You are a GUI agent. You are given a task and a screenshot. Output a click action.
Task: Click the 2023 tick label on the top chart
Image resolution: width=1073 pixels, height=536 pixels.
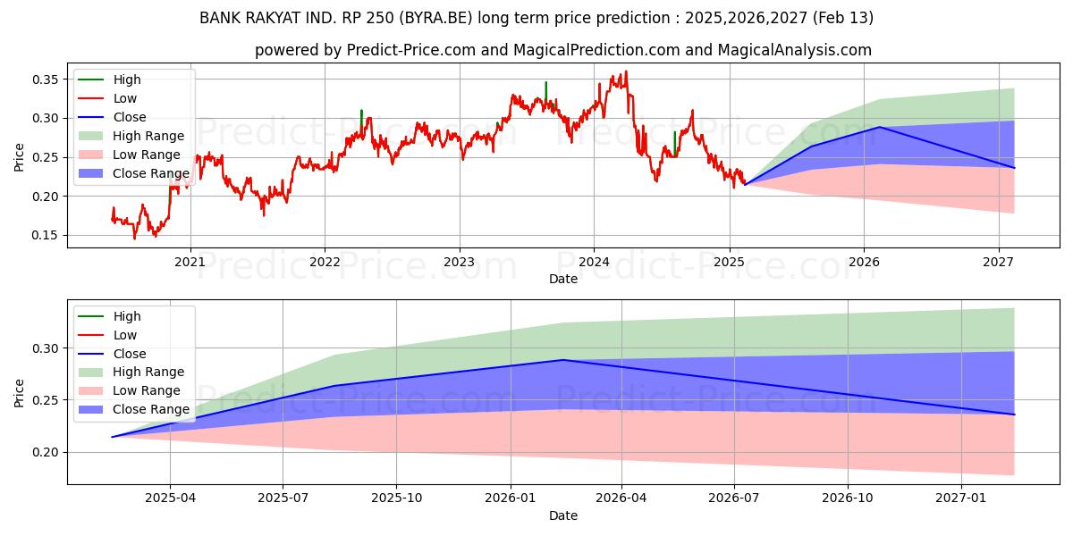tap(459, 262)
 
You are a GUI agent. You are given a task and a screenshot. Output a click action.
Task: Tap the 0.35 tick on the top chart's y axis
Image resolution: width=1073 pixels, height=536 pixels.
tap(46, 80)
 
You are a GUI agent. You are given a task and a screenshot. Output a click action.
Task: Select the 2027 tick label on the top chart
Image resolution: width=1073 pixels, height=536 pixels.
tap(998, 262)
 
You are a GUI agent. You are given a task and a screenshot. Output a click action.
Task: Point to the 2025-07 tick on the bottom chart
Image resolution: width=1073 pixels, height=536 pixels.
tap(283, 498)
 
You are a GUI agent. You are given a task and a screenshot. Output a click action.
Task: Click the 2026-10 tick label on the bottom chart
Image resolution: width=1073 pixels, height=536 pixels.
tap(848, 498)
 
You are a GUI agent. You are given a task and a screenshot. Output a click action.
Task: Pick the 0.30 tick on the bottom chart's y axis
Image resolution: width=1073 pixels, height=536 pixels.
tap(46, 348)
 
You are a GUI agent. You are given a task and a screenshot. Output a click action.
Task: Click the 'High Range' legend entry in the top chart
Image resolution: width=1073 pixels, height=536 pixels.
tap(148, 136)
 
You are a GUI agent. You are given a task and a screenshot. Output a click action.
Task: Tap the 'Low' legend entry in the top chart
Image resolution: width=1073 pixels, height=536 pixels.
tap(124, 98)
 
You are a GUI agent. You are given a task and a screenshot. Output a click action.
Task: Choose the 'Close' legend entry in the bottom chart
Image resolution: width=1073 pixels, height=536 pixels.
tap(129, 354)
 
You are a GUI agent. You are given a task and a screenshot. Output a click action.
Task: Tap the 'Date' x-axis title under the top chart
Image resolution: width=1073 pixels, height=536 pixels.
tap(563, 279)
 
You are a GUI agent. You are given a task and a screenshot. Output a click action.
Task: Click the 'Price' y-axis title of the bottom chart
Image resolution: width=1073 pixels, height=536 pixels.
tap(20, 393)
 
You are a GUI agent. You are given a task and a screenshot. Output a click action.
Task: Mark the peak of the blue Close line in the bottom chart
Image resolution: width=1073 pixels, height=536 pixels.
tap(562, 360)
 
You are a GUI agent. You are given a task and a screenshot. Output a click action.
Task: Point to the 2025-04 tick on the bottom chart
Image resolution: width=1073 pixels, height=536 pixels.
tap(170, 498)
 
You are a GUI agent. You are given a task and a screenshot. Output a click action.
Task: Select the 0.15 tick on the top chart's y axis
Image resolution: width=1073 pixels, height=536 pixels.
tap(46, 235)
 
